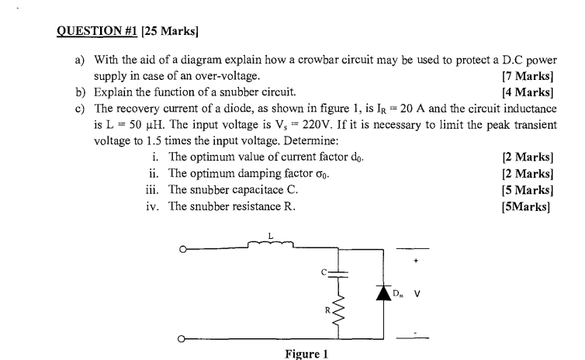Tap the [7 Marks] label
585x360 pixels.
pyautogui.click(x=528, y=76)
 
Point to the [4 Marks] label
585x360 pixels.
pyautogui.click(x=528, y=92)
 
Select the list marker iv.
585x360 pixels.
pyautogui.click(x=154, y=206)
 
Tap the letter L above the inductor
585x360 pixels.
pyautogui.click(x=270, y=234)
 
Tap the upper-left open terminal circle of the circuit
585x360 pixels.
pyautogui.click(x=182, y=249)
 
